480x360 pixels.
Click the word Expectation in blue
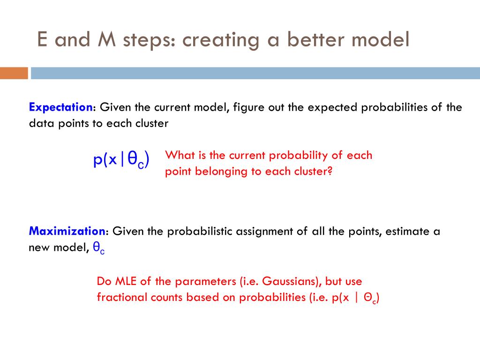60,107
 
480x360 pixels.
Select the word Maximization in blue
67,231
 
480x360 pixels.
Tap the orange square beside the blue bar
14,73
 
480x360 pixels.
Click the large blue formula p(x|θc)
121,159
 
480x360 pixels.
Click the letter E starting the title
42,39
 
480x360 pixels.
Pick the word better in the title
315,39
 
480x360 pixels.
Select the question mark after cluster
330,171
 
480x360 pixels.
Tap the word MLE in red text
126,281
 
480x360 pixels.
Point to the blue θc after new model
98,248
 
